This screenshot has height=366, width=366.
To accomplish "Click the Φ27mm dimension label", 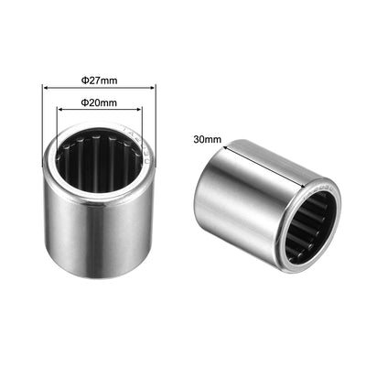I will pos(99,79).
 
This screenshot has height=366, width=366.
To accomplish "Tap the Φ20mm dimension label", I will pos(99,102).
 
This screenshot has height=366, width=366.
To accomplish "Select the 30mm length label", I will pos(209,139).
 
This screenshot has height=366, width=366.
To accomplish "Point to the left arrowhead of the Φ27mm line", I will pos(46,88).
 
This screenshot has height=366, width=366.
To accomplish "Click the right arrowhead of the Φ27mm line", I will pos(153,88).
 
